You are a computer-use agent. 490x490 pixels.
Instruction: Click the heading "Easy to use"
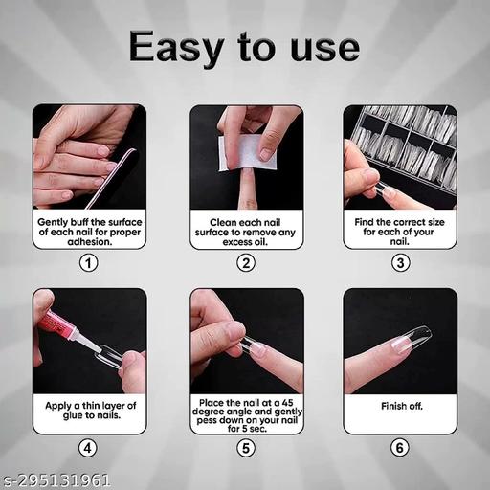point(245,45)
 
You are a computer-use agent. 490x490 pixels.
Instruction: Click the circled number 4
point(89,446)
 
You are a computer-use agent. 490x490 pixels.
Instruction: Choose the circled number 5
point(246,446)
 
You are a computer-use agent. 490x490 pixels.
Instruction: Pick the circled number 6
point(400,446)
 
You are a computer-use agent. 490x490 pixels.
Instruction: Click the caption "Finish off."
point(400,406)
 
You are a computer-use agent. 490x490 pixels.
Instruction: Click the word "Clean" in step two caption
point(223,220)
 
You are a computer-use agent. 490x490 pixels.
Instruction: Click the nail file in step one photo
point(120,167)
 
